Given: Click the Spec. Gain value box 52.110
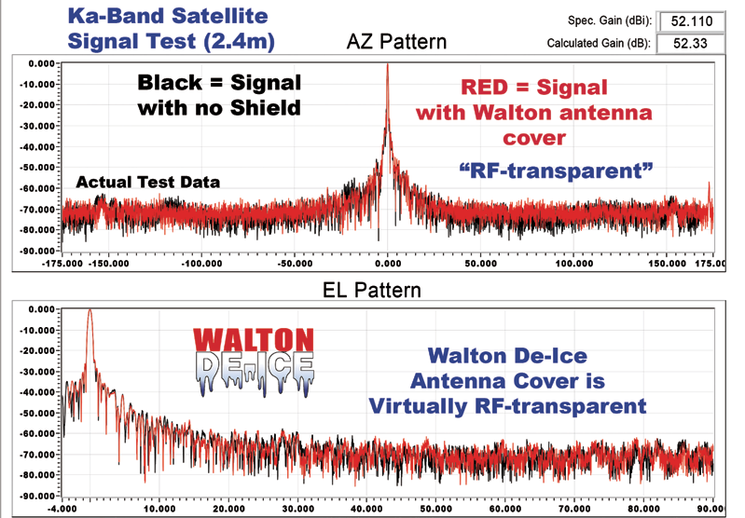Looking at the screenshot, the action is (692, 21).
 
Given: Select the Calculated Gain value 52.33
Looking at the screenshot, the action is (690, 43).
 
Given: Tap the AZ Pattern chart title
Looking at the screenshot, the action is (396, 42).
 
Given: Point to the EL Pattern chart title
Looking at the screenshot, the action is (372, 290).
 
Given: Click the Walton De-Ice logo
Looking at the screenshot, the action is (254, 361).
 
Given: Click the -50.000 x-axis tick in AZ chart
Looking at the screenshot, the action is (295, 264).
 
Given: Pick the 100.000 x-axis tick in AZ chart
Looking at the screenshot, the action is (574, 264).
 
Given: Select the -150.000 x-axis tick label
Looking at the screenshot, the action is (109, 264).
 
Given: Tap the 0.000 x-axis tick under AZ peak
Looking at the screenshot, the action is (388, 264).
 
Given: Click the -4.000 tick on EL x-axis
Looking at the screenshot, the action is (62, 509).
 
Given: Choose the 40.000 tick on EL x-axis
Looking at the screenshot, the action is (366, 509).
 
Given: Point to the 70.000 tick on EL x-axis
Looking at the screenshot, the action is (574, 509).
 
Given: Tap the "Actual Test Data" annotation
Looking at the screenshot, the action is (147, 183).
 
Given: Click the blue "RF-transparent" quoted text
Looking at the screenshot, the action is (556, 170).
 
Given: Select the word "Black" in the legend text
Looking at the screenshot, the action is (170, 83).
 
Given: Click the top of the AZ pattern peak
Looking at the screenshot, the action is (387, 64).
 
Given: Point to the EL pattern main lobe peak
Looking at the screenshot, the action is (90, 310).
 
